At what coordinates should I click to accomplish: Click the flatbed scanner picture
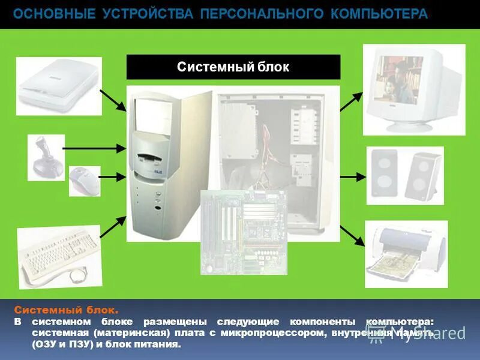(x=58, y=85)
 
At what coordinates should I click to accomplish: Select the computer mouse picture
(x=83, y=179)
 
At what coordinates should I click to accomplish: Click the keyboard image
(x=58, y=254)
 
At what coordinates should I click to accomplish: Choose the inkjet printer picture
(x=406, y=253)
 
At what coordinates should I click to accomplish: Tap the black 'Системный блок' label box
(x=233, y=67)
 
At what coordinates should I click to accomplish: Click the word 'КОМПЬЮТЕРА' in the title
(x=380, y=14)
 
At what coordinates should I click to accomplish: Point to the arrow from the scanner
(x=113, y=100)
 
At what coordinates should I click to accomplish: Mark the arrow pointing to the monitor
(x=352, y=101)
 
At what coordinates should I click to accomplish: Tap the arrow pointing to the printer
(x=352, y=235)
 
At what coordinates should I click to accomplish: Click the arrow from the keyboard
(x=112, y=226)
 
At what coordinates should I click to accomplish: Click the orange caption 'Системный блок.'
(x=67, y=310)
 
